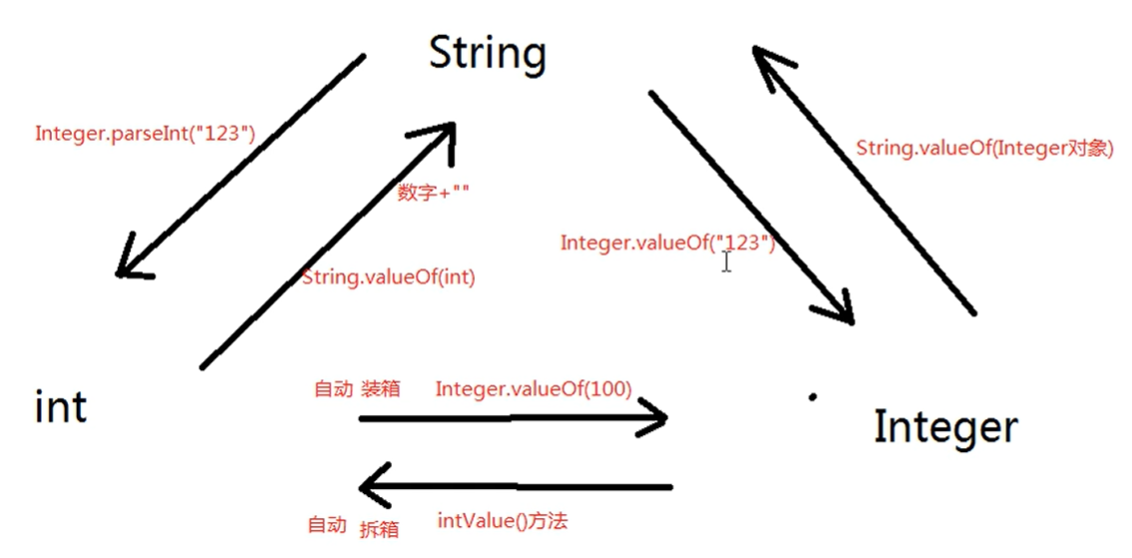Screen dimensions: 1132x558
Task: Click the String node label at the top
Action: coord(488,54)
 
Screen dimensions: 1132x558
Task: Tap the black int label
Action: coord(61,407)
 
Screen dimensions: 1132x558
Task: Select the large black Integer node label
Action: coord(945,427)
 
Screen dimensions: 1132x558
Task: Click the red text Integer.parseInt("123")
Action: coord(146,133)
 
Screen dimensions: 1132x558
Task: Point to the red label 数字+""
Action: coord(433,193)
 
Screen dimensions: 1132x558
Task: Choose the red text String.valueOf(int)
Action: coord(388,278)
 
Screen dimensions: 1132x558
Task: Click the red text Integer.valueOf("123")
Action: coord(667,243)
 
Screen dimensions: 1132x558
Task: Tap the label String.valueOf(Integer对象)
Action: coord(984,148)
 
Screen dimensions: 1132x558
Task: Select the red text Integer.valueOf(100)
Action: coord(533,388)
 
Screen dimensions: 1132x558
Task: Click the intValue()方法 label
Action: coord(503,520)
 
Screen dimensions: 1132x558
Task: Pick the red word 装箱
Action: coord(380,388)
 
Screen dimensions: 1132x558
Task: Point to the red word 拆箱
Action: coord(378,528)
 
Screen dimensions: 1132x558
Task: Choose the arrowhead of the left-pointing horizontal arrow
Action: coord(371,489)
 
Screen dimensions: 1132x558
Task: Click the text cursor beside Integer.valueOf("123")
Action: coord(727,261)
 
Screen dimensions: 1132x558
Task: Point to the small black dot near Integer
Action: coord(813,396)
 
